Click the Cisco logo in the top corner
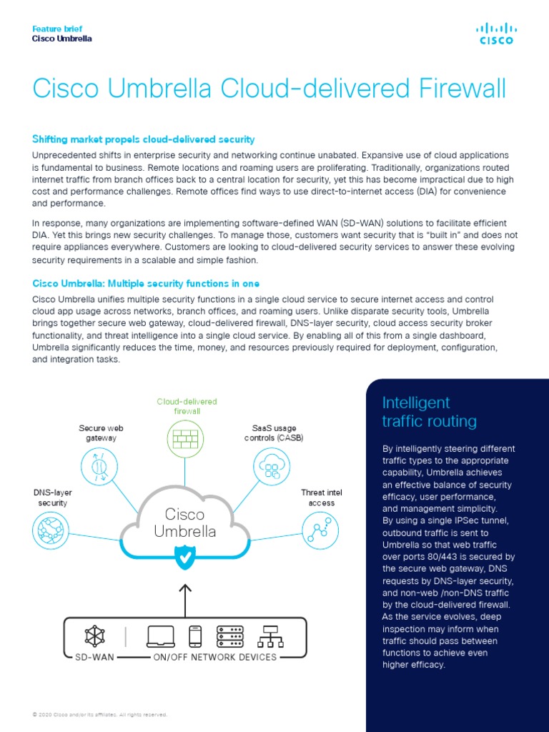pyautogui.click(x=495, y=33)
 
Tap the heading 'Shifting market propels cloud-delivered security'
pyautogui.click(x=144, y=139)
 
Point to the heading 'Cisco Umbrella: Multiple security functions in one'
pyautogui.click(x=146, y=284)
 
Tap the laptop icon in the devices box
pyautogui.click(x=162, y=635)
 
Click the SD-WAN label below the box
pyautogui.click(x=95, y=657)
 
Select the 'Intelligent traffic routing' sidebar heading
pyautogui.click(x=429, y=412)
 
